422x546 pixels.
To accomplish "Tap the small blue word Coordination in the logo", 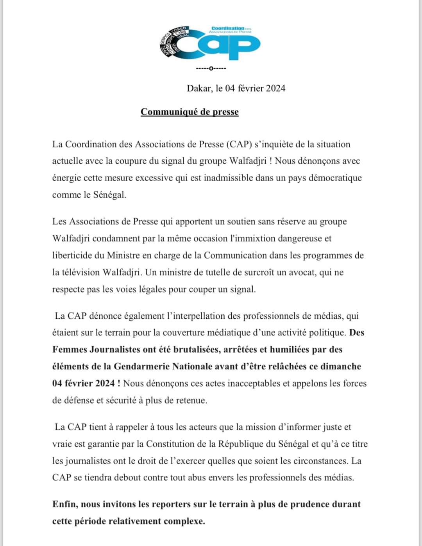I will [227, 29].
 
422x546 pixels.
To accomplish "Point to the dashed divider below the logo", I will [211, 69].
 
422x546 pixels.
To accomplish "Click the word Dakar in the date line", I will [200, 88].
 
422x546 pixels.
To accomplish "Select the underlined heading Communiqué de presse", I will [190, 112].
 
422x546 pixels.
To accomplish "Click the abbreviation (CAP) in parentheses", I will [239, 145].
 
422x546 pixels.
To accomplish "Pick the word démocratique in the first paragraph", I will [335, 178].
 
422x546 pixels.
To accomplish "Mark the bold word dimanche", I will [340, 366].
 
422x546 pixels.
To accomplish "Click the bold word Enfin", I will [65, 504].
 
